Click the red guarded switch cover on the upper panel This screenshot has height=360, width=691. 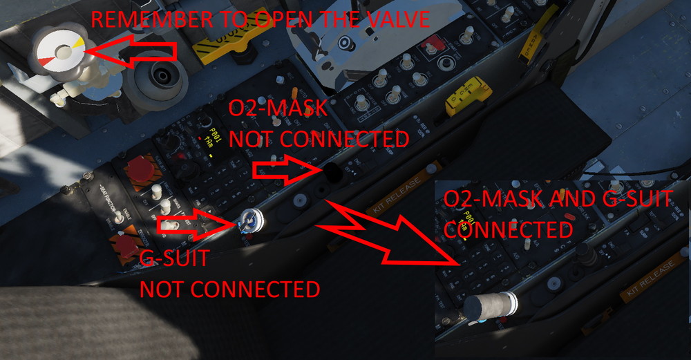point(433,46)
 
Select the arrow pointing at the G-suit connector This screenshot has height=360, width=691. point(193,225)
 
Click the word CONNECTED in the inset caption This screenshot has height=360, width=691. point(508,229)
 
